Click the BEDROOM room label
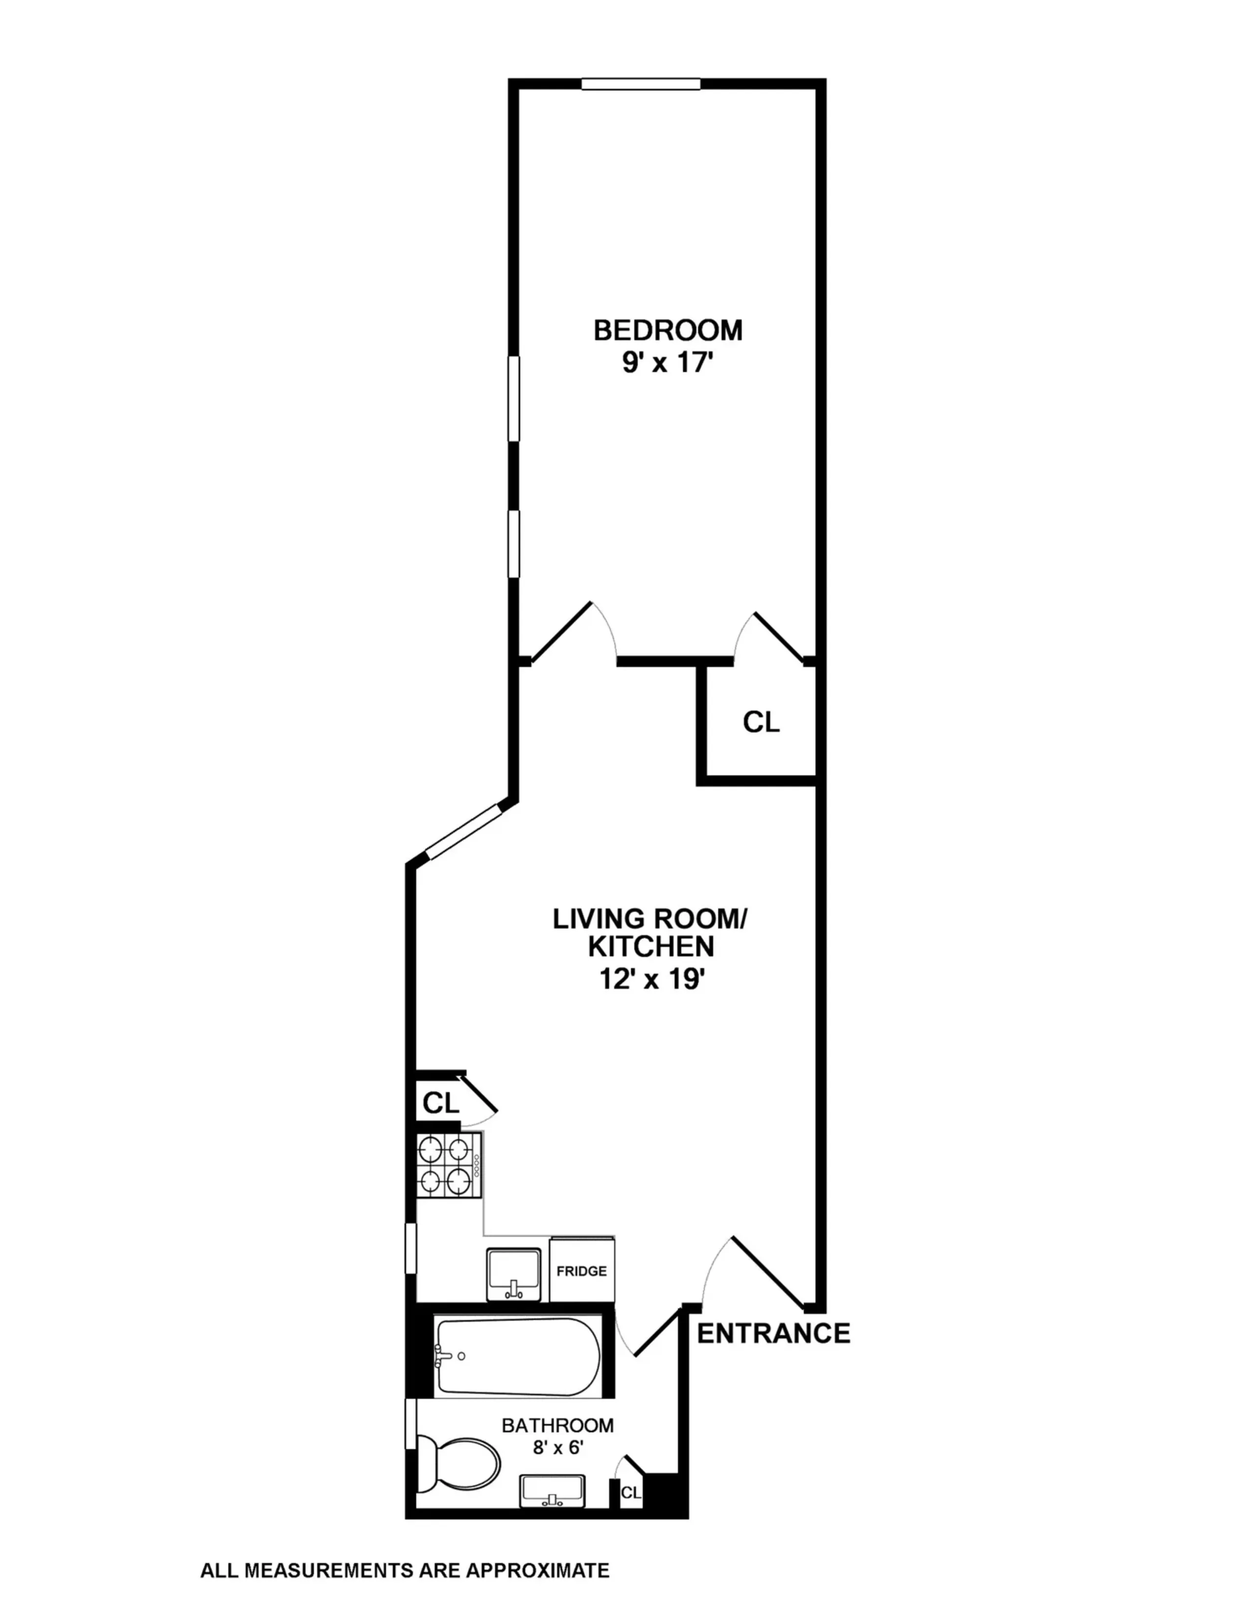point(668,330)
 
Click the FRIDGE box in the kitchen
point(581,1270)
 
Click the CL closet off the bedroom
point(761,722)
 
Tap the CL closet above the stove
point(440,1103)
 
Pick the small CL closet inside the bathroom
point(630,1493)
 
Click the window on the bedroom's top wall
point(640,84)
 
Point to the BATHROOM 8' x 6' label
point(558,1435)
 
